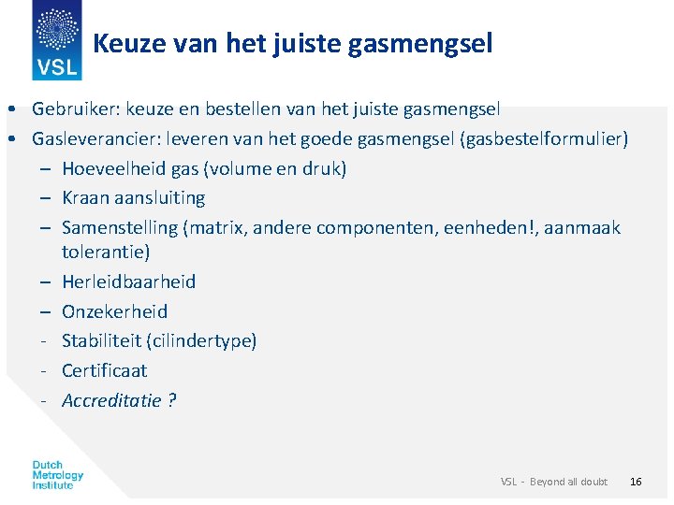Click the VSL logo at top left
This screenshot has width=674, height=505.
tap(56, 40)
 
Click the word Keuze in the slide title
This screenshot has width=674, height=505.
tap(125, 43)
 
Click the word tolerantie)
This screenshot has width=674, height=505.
tap(106, 252)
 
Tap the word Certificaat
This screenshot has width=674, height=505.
tap(105, 371)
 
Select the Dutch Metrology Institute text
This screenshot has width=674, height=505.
tap(58, 475)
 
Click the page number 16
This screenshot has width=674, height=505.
tap(636, 482)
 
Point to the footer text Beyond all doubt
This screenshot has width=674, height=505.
tap(568, 482)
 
